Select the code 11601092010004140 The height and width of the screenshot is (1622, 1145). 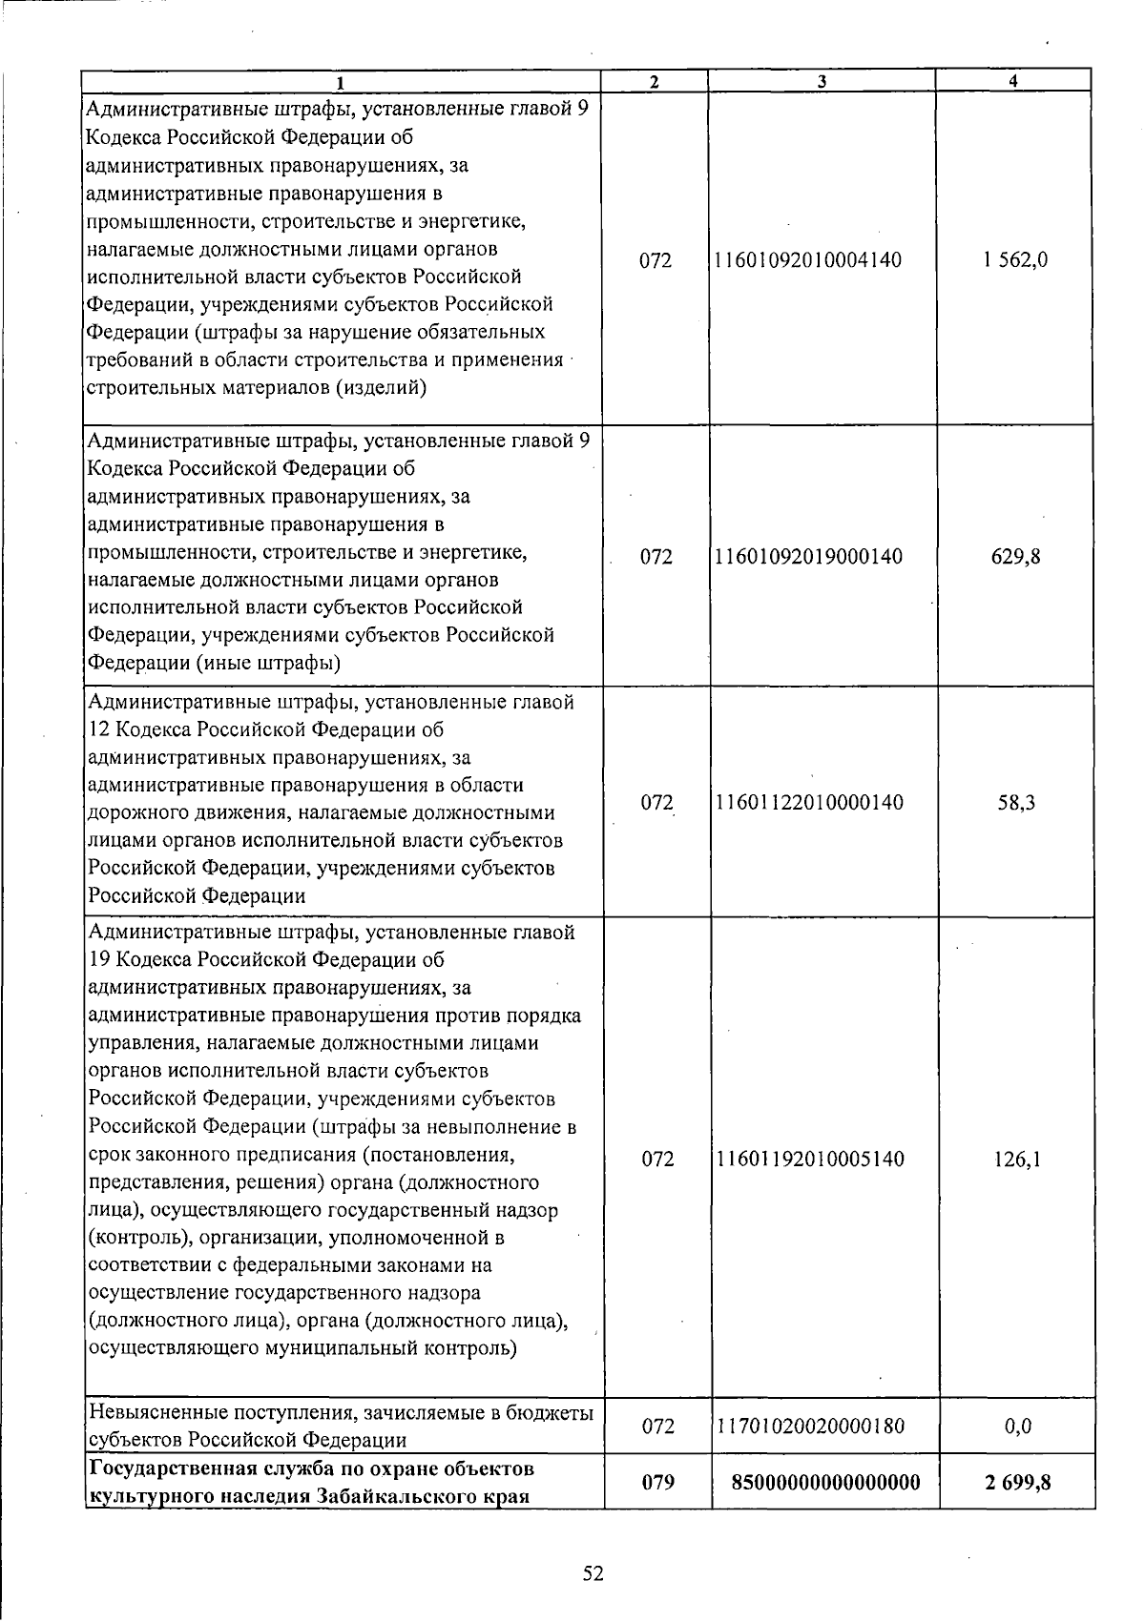(x=807, y=259)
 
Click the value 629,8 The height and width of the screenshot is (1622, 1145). (x=1015, y=557)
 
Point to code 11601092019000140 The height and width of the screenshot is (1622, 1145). (x=807, y=557)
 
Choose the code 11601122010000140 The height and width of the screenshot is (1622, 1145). (x=807, y=803)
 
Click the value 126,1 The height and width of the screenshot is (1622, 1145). (x=1015, y=1159)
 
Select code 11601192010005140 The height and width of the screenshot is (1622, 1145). (x=807, y=1159)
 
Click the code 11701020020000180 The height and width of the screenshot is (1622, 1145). (x=807, y=1427)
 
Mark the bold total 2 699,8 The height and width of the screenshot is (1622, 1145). (x=1015, y=1482)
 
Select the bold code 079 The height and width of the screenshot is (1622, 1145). (x=658, y=1482)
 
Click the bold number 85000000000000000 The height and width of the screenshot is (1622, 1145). (x=825, y=1482)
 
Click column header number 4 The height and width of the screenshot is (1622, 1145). (x=1012, y=82)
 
